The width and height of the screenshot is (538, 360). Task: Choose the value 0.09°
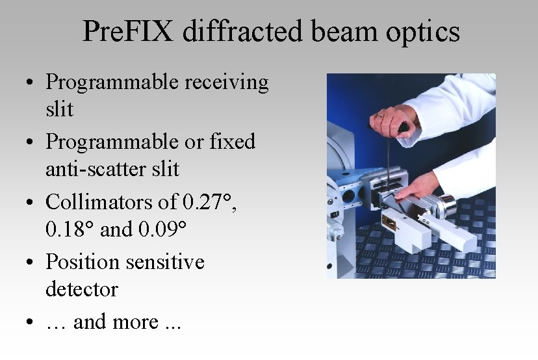[x=162, y=229]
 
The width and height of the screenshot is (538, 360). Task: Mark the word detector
[x=81, y=289]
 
